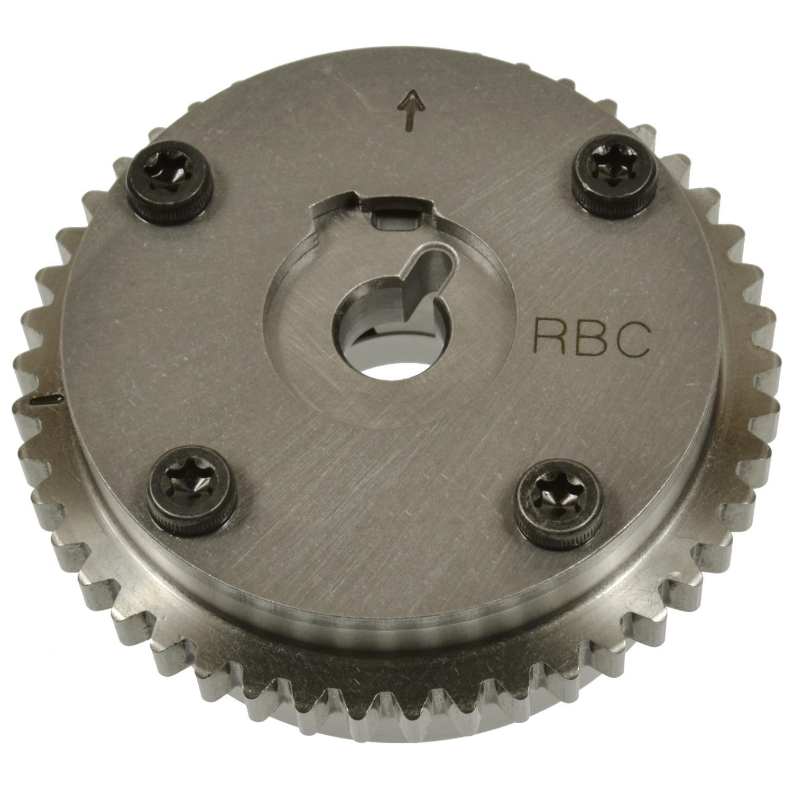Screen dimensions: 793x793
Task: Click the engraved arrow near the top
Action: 410,110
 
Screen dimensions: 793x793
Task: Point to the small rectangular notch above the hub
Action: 395,219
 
